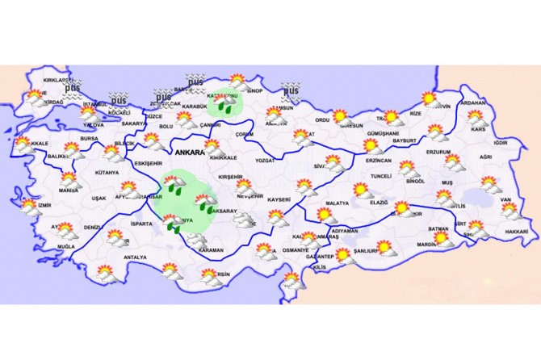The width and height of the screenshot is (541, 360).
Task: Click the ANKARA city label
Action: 187,151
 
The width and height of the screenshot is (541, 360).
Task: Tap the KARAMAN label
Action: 210,250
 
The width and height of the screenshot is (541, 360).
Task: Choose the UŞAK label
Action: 99,198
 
